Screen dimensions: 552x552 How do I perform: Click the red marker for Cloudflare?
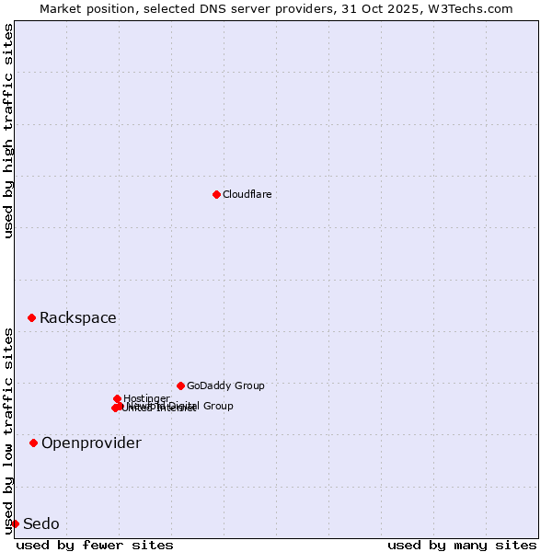(216, 194)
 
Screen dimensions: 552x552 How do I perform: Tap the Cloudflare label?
(247, 194)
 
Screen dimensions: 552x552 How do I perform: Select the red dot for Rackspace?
(31, 317)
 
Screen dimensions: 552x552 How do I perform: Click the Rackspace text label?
(77, 317)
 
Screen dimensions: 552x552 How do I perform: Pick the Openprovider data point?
(33, 443)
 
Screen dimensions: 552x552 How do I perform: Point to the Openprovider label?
(91, 443)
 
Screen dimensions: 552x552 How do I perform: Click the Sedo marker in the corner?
(15, 523)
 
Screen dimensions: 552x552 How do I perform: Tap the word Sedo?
(40, 523)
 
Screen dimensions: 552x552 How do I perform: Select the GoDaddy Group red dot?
(180, 385)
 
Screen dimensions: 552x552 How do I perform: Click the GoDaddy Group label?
(225, 385)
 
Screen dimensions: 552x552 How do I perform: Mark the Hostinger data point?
(117, 398)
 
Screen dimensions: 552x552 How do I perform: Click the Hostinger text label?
(146, 398)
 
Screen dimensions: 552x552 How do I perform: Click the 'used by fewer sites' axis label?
(95, 545)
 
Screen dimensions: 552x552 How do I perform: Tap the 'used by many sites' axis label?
(462, 545)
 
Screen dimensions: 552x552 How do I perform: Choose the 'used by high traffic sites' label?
(8, 131)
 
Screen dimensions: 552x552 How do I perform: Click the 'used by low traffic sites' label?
(8, 431)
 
